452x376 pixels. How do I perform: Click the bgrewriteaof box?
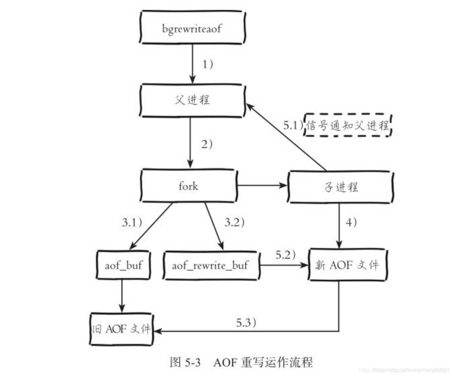(x=192, y=28)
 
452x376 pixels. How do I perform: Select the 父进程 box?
(x=192, y=100)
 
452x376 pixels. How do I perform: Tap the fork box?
(x=189, y=186)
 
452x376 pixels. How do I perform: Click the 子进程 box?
(x=341, y=187)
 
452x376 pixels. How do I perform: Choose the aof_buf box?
(x=123, y=265)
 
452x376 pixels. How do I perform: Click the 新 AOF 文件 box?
(x=347, y=265)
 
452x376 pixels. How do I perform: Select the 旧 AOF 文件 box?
(x=121, y=329)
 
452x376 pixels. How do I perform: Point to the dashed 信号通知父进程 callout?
(x=348, y=125)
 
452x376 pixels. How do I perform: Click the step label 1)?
(x=208, y=64)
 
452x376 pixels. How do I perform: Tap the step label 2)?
(x=207, y=144)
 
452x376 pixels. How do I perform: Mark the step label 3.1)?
(x=132, y=222)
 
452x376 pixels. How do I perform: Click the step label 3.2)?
(x=234, y=222)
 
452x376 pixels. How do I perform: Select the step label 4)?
(x=351, y=222)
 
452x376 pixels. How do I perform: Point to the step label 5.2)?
(x=285, y=255)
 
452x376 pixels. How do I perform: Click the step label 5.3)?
(x=246, y=322)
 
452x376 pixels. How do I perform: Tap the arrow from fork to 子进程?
(x=262, y=185)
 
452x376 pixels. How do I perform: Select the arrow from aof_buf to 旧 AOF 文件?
(x=122, y=295)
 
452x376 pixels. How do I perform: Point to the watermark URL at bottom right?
(x=404, y=370)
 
